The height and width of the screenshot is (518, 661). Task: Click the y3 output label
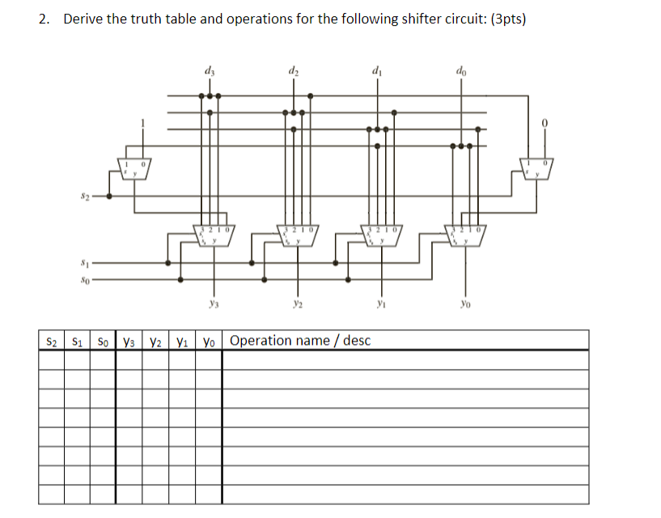pyautogui.click(x=214, y=304)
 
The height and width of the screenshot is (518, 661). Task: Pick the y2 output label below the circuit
pyautogui.click(x=297, y=304)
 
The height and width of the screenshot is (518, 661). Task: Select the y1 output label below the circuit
pyautogui.click(x=380, y=304)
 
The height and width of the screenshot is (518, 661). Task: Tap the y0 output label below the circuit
pyautogui.click(x=464, y=304)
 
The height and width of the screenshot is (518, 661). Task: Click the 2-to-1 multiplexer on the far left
pyautogui.click(x=134, y=168)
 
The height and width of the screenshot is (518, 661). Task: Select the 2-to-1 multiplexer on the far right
pyautogui.click(x=535, y=168)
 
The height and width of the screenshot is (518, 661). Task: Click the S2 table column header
pyautogui.click(x=52, y=340)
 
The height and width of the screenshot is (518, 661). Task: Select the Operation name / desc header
pyautogui.click(x=300, y=340)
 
